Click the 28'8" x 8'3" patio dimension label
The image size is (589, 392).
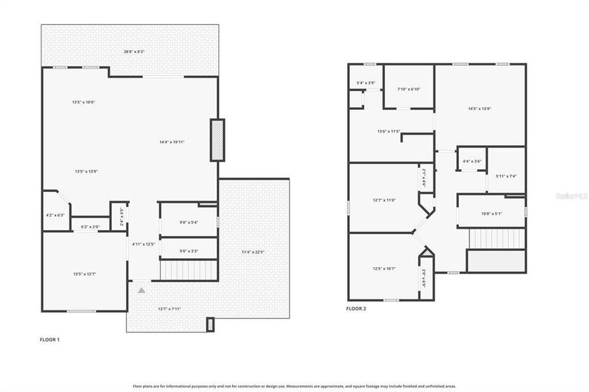pos(134,52)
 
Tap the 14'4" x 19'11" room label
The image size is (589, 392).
pos(171,142)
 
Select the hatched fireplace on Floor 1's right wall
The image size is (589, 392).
pos(217,140)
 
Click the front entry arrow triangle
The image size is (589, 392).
pos(141,289)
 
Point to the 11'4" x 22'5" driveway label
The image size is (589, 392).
pos(252,252)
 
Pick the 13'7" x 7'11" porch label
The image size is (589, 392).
pos(169,308)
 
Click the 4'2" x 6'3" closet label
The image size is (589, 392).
pos(56,215)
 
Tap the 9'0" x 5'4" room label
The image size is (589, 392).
pos(188,222)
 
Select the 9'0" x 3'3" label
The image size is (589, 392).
pos(188,250)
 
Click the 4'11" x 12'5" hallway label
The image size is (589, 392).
pos(143,244)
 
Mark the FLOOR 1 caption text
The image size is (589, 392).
pos(50,340)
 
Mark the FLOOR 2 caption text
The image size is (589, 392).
pos(356,308)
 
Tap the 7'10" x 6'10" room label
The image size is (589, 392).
pos(409,90)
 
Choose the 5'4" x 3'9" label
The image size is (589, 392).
pos(365,83)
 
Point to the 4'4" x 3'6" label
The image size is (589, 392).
pos(471,161)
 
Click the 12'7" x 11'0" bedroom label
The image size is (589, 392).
pos(384,200)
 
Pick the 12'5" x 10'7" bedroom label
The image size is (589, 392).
pos(384,269)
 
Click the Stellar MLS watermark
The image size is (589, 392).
pos(571,195)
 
